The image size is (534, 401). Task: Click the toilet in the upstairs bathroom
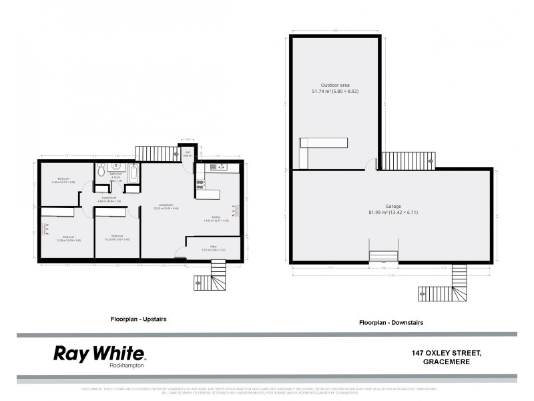(100, 171)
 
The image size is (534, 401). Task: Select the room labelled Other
(213, 249)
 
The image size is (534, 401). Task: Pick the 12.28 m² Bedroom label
(68, 238)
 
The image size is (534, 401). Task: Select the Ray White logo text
(99, 354)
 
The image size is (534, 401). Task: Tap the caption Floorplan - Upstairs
(138, 319)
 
